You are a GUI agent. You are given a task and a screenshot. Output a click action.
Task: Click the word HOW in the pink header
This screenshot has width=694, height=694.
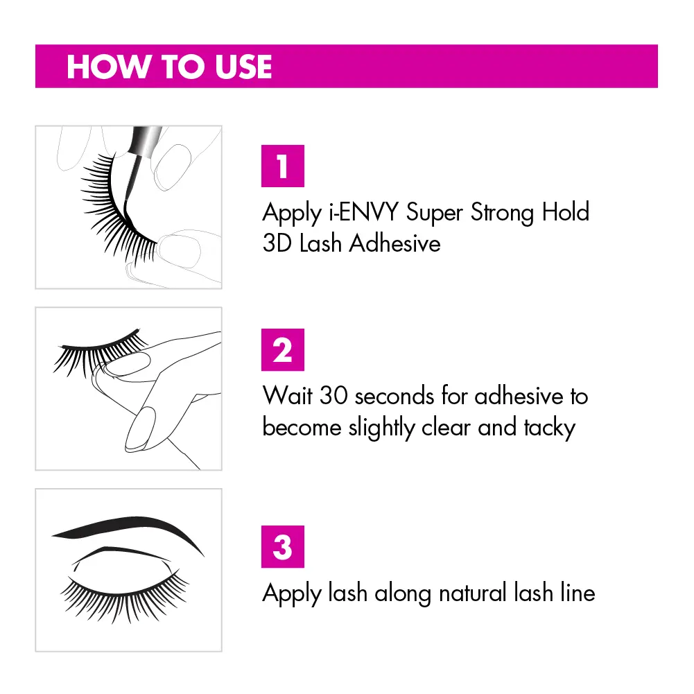click(x=108, y=67)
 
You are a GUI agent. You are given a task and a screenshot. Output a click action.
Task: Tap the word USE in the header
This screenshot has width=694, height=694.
click(x=243, y=67)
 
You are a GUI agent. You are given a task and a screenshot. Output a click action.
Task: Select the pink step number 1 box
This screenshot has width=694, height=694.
click(x=283, y=166)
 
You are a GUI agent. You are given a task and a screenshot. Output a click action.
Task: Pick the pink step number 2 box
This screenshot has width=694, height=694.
click(x=283, y=349)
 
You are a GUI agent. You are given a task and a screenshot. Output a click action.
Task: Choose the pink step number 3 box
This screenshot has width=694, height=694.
click(x=283, y=546)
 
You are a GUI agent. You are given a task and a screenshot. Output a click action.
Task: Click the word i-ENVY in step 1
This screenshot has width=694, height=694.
click(x=364, y=212)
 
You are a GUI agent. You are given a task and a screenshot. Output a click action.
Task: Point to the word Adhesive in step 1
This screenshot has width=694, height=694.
click(x=394, y=243)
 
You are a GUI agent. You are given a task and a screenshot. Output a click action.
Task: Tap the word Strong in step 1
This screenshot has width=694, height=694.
click(x=503, y=213)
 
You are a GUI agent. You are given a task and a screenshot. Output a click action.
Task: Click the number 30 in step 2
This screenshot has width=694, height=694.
click(x=333, y=395)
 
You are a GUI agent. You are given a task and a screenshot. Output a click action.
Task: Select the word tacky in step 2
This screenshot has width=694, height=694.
click(x=549, y=428)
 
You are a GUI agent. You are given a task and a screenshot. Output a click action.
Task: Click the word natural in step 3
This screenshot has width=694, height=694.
click(x=472, y=593)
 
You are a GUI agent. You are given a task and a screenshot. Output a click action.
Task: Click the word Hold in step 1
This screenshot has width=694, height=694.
click(x=566, y=212)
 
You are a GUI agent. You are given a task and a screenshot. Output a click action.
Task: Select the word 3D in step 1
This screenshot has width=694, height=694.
click(x=277, y=243)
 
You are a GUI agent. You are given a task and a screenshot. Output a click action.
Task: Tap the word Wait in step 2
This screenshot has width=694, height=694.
click(x=288, y=395)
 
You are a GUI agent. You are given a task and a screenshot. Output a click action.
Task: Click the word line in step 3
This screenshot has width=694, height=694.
click(x=578, y=593)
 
